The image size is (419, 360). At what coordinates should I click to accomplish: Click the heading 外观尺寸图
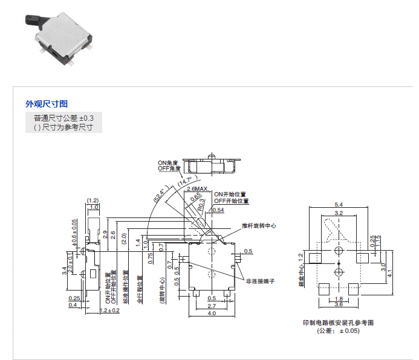[47, 104]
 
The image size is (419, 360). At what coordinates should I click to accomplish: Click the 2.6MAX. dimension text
[197, 189]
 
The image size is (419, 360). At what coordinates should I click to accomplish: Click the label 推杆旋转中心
[259, 225]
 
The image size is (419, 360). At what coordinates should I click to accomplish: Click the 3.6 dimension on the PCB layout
[339, 304]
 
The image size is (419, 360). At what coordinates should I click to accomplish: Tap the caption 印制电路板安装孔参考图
[338, 323]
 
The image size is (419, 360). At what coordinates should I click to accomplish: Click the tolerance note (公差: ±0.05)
[338, 331]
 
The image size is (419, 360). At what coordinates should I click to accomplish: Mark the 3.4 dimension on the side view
[65, 271]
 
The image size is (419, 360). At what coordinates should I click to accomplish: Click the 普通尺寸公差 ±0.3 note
[64, 118]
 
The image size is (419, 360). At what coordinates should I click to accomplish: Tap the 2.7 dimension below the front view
[212, 306]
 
